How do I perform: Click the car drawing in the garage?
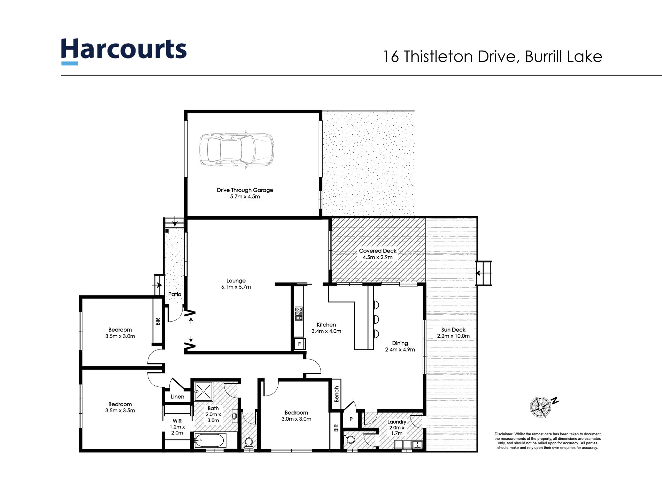click(236, 150)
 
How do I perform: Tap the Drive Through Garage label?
click(245, 190)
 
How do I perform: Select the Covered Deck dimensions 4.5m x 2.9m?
click(377, 257)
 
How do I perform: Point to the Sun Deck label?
click(453, 330)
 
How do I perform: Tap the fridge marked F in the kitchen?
click(299, 344)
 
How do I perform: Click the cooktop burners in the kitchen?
click(299, 313)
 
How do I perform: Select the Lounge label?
click(236, 281)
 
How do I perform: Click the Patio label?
click(175, 294)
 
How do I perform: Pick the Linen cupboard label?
click(177, 397)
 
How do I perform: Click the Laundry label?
click(397, 422)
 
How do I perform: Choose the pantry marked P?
click(351, 420)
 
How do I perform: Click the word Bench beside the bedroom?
click(337, 394)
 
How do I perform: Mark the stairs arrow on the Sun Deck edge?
click(484, 273)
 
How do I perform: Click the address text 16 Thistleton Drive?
click(449, 57)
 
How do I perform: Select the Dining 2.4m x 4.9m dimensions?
click(400, 349)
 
